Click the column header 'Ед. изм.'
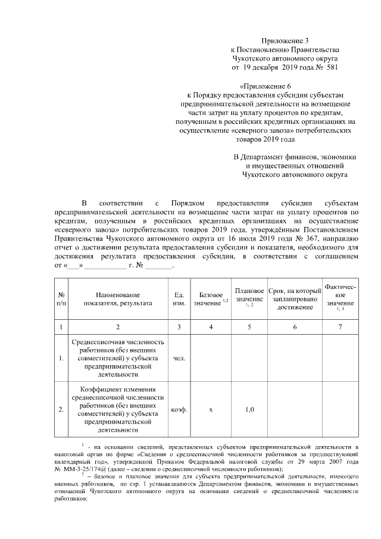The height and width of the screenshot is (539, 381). tap(178, 298)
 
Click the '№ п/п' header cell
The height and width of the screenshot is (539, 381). tap(61, 298)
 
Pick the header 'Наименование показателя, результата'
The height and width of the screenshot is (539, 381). tap(118, 298)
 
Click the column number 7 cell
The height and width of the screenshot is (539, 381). tap(340, 327)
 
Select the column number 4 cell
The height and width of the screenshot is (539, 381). tap(211, 327)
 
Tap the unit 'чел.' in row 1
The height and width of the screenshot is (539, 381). tap(178, 359)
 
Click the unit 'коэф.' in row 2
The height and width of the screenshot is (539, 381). tap(178, 410)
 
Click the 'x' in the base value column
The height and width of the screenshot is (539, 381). tap(211, 410)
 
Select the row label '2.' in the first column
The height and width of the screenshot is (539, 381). tap(61, 410)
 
